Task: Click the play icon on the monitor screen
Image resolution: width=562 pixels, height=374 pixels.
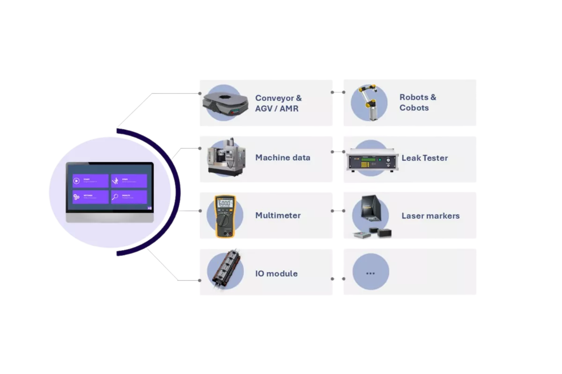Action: [x=76, y=181]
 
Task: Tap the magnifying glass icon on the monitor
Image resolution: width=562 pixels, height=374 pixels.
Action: [x=115, y=197]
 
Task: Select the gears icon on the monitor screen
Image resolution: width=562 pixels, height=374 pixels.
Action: [x=76, y=197]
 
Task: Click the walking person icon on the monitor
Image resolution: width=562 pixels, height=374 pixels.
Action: [x=115, y=181]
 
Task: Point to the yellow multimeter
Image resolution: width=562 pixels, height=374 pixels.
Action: [x=225, y=216]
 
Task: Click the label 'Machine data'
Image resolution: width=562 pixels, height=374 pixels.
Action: [x=282, y=158]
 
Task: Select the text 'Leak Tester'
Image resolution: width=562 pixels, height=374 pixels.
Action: [x=424, y=158]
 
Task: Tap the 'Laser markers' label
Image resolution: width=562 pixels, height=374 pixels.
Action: [x=430, y=216]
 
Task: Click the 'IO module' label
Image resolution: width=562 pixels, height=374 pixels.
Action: [x=276, y=273]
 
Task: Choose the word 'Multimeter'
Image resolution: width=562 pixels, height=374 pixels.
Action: [x=278, y=216]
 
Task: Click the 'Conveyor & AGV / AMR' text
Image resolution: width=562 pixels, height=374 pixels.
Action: [x=278, y=103]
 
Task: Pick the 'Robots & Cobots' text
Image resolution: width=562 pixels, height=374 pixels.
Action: [x=418, y=102]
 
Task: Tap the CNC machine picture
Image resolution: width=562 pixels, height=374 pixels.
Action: [x=225, y=157]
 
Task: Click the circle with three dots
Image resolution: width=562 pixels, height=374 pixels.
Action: [x=370, y=273]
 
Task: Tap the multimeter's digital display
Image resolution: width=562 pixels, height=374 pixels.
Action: [x=225, y=203]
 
